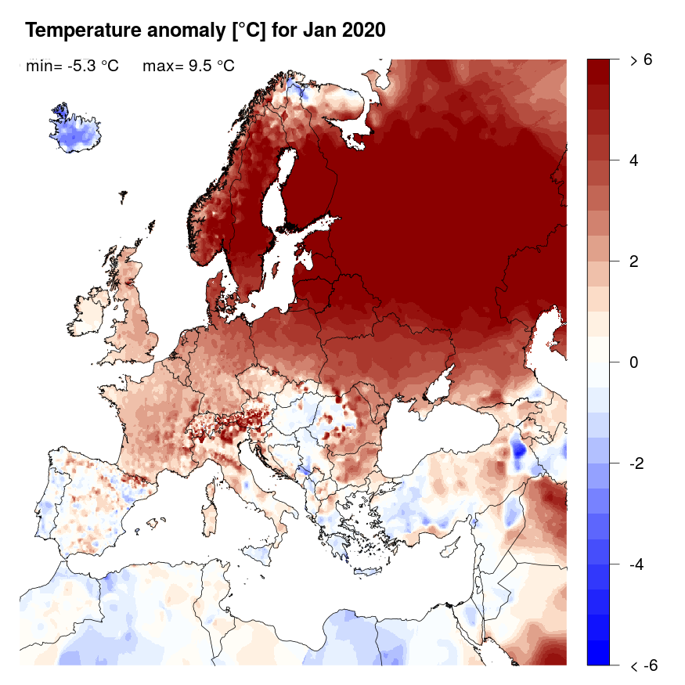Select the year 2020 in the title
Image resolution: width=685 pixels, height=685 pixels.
[366, 31]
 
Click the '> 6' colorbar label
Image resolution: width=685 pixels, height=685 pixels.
[641, 60]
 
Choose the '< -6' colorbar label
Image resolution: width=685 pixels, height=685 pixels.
[643, 666]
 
